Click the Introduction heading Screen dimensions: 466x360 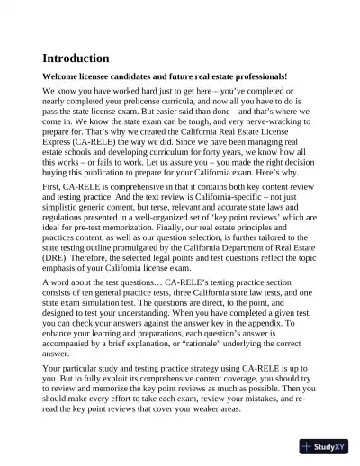[x=76, y=58]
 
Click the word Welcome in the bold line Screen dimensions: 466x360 [x=64, y=77]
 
